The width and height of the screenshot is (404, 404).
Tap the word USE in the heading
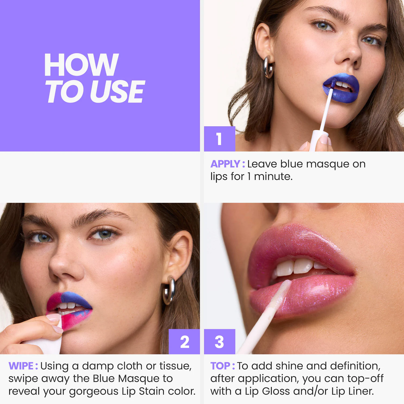click(117, 92)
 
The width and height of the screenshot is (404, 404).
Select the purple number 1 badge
click(220, 139)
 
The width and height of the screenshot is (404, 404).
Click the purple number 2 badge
click(184, 342)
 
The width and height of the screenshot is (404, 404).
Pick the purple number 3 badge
click(220, 342)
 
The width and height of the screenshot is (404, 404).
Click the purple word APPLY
click(225, 164)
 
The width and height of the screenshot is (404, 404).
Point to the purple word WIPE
click(21, 366)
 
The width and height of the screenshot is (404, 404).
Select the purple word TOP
click(220, 366)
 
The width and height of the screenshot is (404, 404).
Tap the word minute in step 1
click(273, 177)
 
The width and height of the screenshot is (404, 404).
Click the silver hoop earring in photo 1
click(268, 67)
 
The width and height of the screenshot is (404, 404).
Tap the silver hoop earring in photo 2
click(169, 290)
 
